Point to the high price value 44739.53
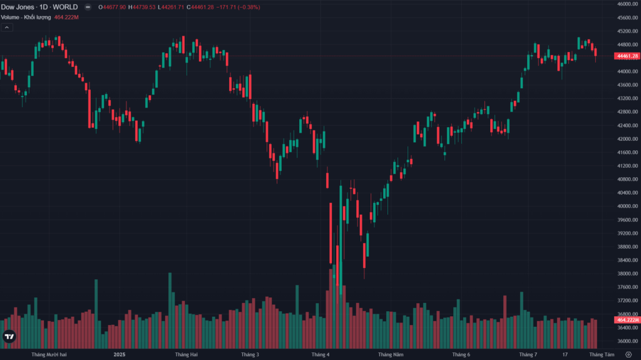pos(145,7)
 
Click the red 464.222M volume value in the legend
pos(68,17)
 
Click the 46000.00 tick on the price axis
pos(627,4)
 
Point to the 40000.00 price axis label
pos(627,207)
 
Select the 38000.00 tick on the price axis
pos(627,274)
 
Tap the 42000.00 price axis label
pos(627,139)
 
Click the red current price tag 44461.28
pos(627,56)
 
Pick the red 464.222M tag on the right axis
pos(627,319)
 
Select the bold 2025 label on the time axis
pos(120,354)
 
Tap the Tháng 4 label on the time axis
pos(320,354)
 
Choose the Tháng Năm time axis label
pos(391,354)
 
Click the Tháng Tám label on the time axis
pos(602,354)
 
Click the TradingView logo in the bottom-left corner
pos(9,337)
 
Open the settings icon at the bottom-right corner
pos(628,354)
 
